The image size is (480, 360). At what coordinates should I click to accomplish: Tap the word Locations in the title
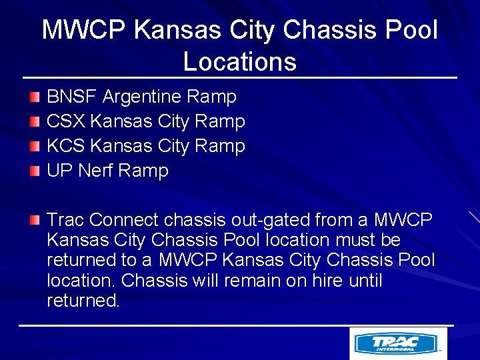pos(239,62)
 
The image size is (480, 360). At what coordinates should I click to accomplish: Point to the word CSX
pos(65,121)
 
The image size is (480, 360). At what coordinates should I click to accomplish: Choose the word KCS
pos(65,146)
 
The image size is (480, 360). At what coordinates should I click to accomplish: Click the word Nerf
pos(96,171)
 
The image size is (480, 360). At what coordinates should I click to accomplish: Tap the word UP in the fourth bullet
pos(59,171)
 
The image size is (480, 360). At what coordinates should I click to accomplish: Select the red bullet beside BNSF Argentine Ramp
pos(35,98)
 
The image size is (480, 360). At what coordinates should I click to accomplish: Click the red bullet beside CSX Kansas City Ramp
pos(35,122)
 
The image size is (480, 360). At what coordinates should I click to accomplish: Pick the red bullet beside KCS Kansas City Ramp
pos(35,147)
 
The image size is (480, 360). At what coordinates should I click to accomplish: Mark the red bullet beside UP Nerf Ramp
pos(35,171)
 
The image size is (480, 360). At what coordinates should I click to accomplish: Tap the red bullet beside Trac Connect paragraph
pos(35,220)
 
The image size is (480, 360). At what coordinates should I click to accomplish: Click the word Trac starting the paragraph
pos(65,219)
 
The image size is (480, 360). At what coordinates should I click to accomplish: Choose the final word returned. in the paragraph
pos(83,301)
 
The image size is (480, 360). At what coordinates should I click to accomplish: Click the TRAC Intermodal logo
pos(398,343)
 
